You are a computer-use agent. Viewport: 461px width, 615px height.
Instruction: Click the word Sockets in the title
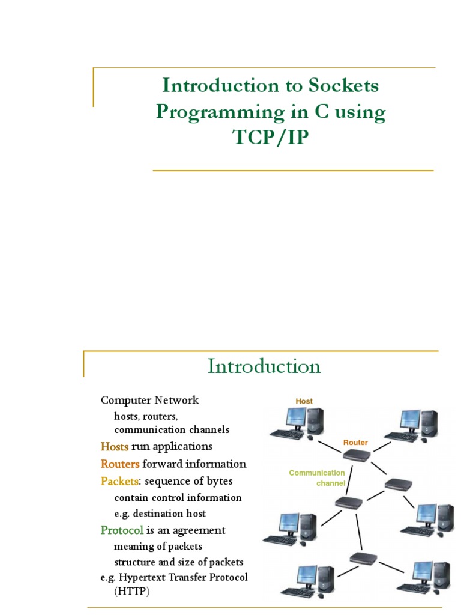343,85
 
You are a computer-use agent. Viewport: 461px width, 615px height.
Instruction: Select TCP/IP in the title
271,137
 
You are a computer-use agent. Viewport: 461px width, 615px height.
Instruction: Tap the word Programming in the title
220,112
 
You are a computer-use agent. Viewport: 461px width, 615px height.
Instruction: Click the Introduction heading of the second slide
264,366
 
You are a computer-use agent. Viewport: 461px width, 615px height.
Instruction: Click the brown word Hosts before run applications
115,446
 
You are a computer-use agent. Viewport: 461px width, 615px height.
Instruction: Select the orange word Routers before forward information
120,464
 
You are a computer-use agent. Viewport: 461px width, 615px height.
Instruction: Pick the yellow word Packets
119,481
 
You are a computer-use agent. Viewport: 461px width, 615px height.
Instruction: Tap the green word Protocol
122,530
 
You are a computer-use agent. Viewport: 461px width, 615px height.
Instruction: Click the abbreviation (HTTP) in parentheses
132,591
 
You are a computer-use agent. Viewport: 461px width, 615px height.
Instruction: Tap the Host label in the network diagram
304,401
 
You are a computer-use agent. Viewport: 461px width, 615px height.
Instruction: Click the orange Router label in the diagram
355,443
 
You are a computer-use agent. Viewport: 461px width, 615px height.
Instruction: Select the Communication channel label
317,478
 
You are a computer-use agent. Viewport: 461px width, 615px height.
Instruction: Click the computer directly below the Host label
298,423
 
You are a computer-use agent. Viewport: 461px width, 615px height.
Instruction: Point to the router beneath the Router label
357,455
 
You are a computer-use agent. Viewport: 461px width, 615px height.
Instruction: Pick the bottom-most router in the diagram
363,558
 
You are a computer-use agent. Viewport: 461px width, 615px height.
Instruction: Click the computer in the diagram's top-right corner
411,426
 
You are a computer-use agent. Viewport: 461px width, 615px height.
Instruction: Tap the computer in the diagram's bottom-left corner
308,581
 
